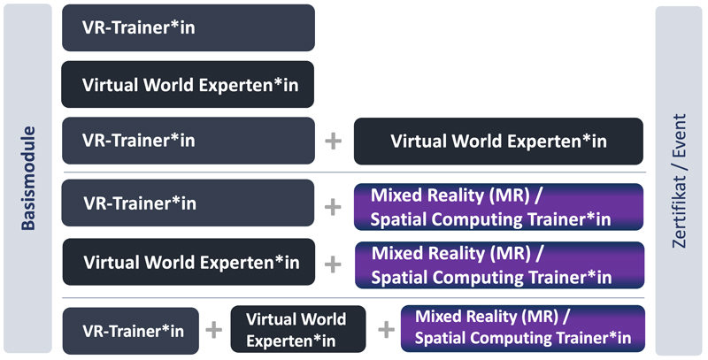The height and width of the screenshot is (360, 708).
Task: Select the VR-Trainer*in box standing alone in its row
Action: [188, 27]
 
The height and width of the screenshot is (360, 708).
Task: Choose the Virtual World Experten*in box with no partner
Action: [188, 85]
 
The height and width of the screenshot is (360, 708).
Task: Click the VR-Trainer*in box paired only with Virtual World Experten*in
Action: [188, 141]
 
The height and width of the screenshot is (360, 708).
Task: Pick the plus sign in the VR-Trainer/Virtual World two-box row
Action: [333, 142]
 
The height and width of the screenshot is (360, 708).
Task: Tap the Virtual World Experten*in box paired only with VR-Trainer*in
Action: [498, 142]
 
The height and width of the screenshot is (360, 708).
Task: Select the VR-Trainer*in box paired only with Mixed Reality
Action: [188, 203]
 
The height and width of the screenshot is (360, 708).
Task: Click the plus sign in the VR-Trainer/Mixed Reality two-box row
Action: [333, 206]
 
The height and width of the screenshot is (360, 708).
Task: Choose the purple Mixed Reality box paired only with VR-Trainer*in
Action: [498, 207]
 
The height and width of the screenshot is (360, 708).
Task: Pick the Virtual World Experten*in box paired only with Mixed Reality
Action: [188, 262]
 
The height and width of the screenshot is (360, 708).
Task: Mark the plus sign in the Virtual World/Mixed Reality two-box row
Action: [333, 264]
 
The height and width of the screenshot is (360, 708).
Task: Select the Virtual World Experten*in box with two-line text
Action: [296, 329]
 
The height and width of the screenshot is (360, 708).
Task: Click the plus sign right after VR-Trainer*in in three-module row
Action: [213, 331]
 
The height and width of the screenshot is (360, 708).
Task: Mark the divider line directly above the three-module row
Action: [354, 298]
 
